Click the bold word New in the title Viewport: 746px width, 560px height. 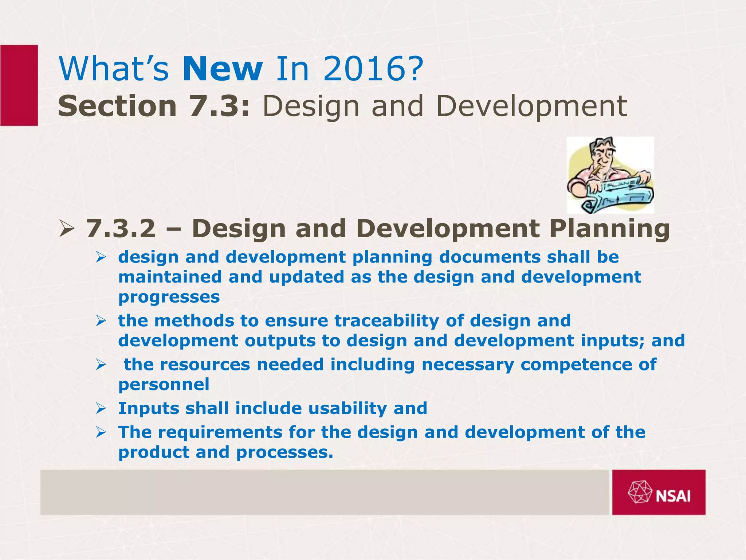(x=223, y=69)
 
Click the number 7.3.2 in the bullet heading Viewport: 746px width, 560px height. (x=121, y=229)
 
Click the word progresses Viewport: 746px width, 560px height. (x=169, y=297)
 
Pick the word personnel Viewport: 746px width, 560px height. (x=164, y=385)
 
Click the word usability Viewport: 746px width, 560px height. (x=348, y=408)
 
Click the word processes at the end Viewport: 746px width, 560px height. (x=284, y=452)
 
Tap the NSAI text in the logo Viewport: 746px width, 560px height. (x=673, y=496)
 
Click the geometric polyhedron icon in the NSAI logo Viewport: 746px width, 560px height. (x=640, y=492)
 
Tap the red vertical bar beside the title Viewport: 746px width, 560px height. (x=19, y=85)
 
